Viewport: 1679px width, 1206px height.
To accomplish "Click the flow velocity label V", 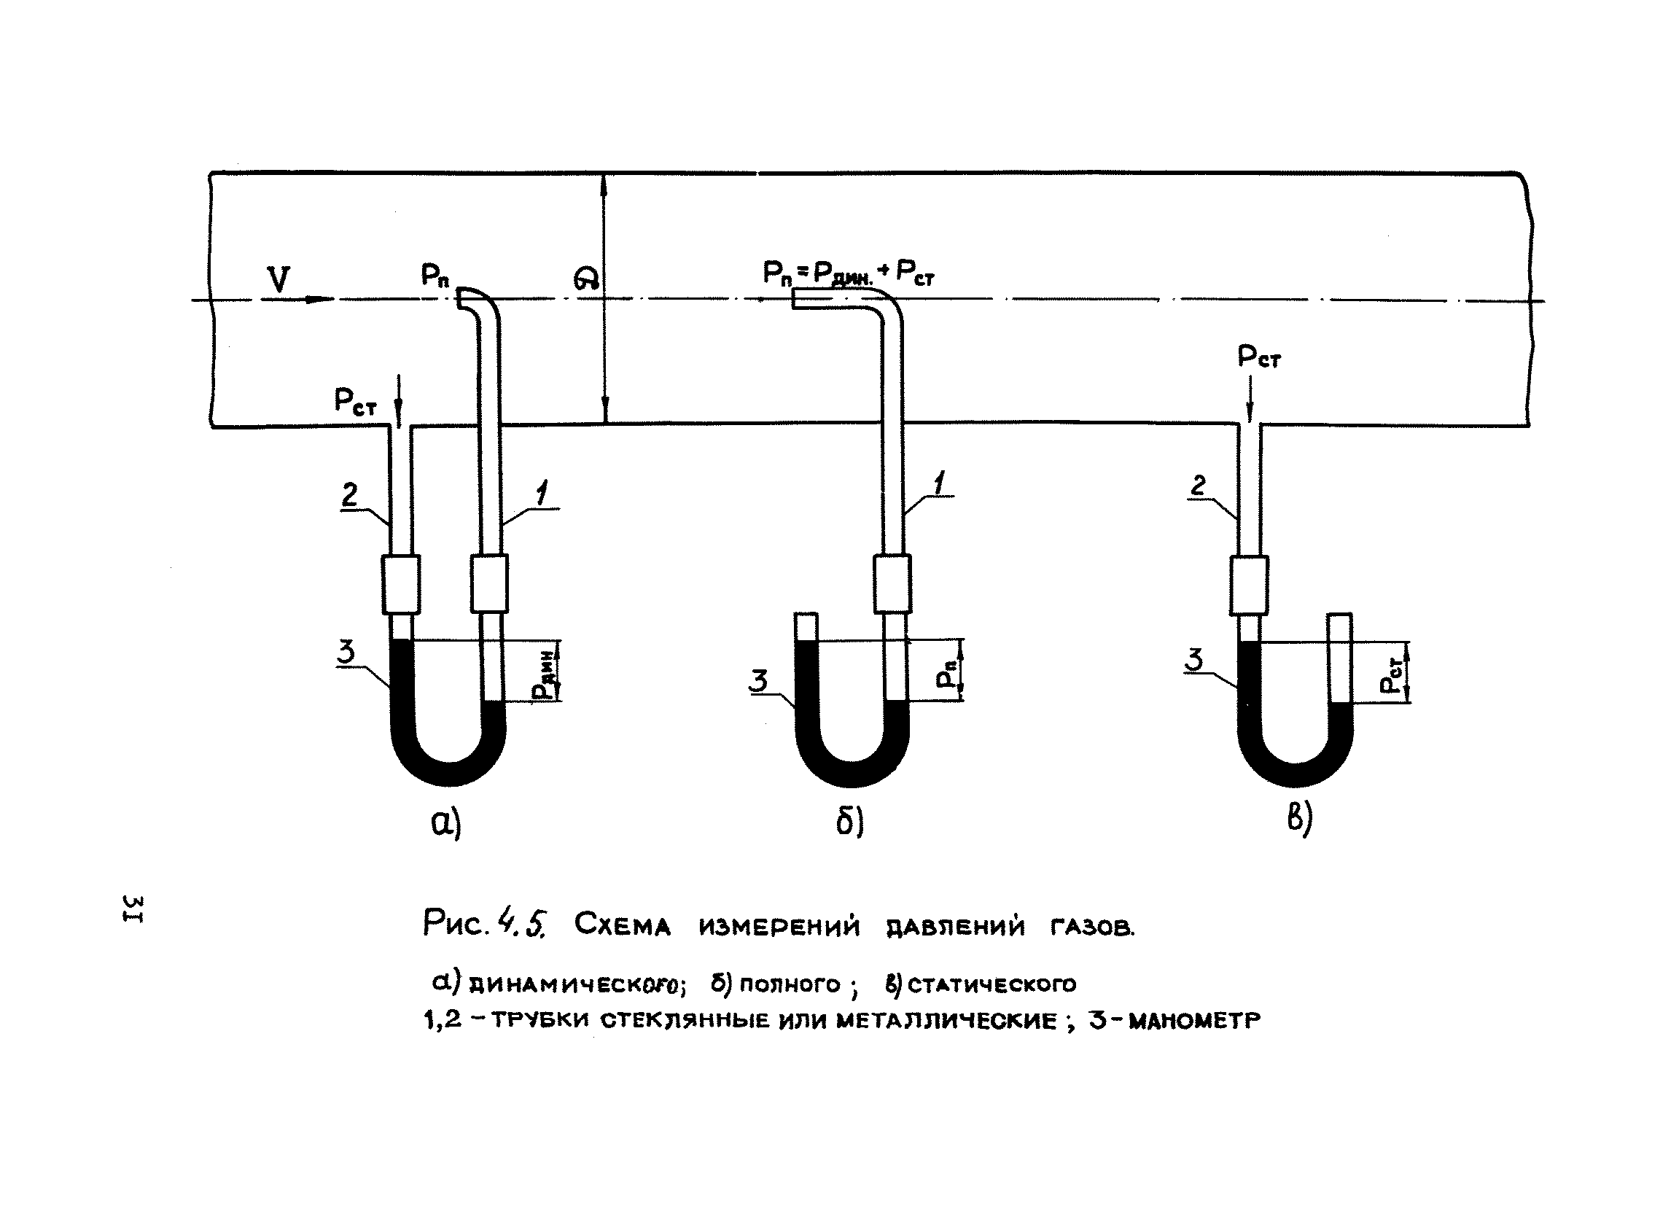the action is pos(279,281).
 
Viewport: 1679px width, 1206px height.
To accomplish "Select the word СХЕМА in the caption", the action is pos(622,926).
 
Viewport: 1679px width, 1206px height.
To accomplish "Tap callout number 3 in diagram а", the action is pos(346,652).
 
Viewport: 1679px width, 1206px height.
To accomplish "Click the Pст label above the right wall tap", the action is pos(1259,358).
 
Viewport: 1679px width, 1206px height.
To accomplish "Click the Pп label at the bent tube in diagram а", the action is pos(436,276).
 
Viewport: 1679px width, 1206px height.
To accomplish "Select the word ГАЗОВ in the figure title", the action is pos(1092,926).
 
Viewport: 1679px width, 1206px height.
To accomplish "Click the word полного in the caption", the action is pos(790,984).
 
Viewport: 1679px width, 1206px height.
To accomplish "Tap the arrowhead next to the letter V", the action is pos(320,299).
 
